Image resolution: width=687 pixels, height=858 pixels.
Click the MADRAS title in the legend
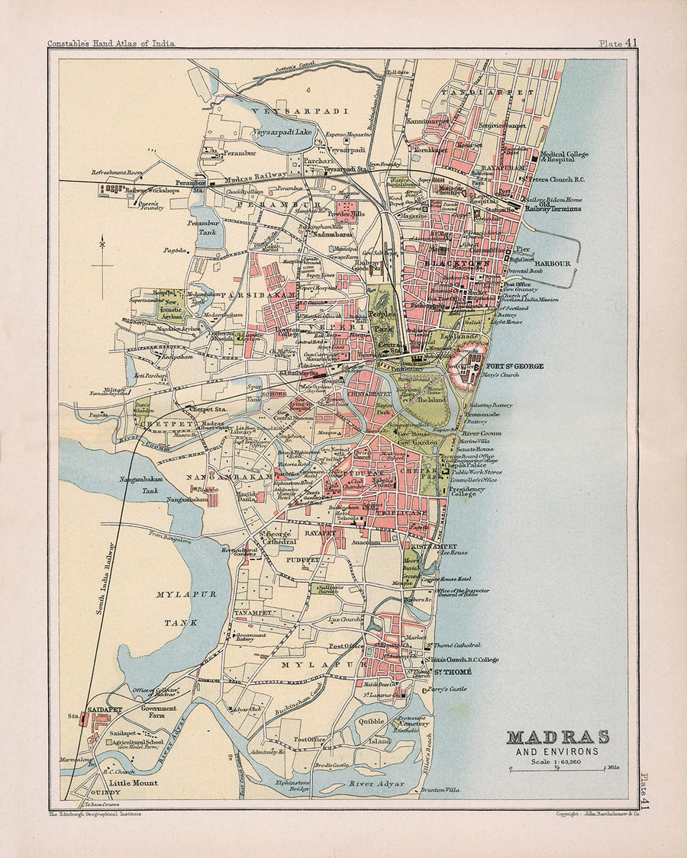click(558, 737)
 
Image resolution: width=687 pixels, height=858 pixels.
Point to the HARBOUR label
click(553, 263)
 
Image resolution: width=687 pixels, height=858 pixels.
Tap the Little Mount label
click(133, 783)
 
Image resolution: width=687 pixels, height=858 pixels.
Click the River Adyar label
click(376, 783)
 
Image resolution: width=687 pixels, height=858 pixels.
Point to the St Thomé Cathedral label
click(468, 645)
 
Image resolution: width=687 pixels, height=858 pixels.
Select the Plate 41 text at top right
click(618, 43)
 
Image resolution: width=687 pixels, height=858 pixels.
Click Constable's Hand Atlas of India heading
click(111, 43)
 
